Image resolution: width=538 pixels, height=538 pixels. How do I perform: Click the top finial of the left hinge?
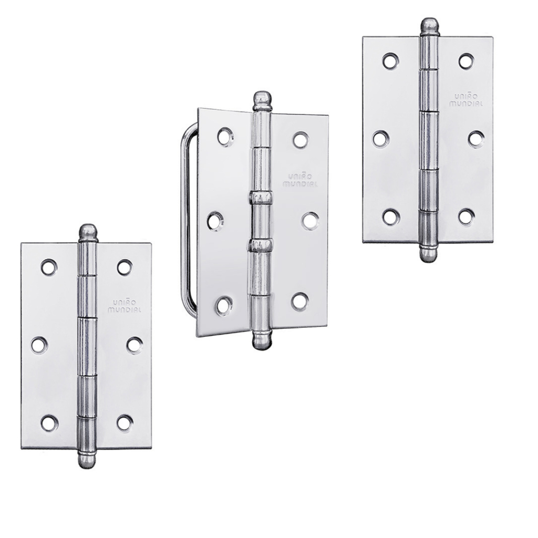88,233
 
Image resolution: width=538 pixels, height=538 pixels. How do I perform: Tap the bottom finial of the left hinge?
88,460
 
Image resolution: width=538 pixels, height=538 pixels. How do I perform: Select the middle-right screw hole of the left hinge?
134,345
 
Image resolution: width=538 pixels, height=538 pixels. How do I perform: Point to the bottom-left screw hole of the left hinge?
49,423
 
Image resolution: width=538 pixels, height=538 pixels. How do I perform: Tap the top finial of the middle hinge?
262,101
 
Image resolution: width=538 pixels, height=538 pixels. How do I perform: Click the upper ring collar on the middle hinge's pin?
262,198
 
